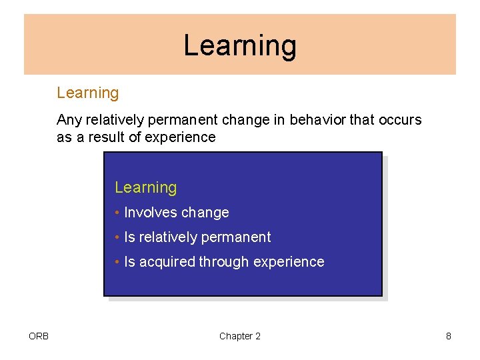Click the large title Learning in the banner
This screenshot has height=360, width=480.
240,46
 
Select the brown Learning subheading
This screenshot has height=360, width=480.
88,93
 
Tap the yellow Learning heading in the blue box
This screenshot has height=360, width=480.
146,187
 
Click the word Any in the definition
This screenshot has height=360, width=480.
69,120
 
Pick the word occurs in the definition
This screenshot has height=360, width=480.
400,120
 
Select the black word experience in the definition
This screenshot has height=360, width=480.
180,138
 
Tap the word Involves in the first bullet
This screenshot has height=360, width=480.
151,213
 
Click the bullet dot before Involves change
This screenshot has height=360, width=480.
117,212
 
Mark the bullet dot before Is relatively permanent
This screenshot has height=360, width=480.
117,237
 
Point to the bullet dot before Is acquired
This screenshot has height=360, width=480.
117,261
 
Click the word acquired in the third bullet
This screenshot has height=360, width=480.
167,263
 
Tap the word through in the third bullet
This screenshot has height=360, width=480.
224,263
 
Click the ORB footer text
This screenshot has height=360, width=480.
39,336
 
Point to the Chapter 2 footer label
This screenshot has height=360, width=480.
240,336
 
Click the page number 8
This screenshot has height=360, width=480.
449,336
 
